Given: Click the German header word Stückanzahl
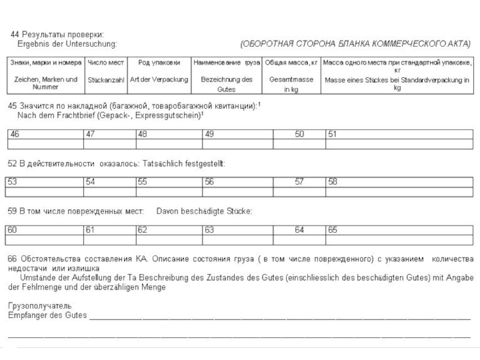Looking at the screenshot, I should point(106,80).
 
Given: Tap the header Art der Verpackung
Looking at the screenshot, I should point(159,80).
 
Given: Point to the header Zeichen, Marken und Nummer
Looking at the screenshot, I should point(46,83).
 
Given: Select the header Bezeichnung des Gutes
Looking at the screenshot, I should point(226,84).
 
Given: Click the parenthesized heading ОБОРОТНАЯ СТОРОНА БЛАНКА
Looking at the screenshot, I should point(356,44).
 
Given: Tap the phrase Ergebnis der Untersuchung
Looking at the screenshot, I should point(67,44).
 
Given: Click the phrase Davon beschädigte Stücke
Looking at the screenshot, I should point(204,211).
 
